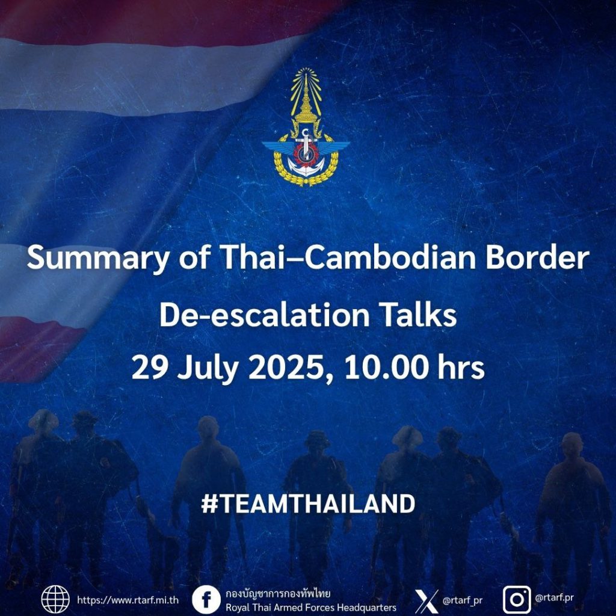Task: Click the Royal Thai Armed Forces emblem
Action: click(306, 127)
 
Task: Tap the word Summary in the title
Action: click(98, 259)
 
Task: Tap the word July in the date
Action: click(207, 369)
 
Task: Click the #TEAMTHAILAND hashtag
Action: click(308, 504)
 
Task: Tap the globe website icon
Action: click(55, 600)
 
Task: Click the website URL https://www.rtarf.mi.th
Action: click(128, 600)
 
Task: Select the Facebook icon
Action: click(206, 600)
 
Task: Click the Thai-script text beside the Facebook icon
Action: click(278, 593)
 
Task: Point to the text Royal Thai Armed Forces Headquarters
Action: click(311, 608)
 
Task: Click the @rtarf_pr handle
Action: click(463, 601)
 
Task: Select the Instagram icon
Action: click(517, 600)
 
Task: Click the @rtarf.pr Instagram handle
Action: click(554, 599)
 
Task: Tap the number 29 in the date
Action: click(148, 368)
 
